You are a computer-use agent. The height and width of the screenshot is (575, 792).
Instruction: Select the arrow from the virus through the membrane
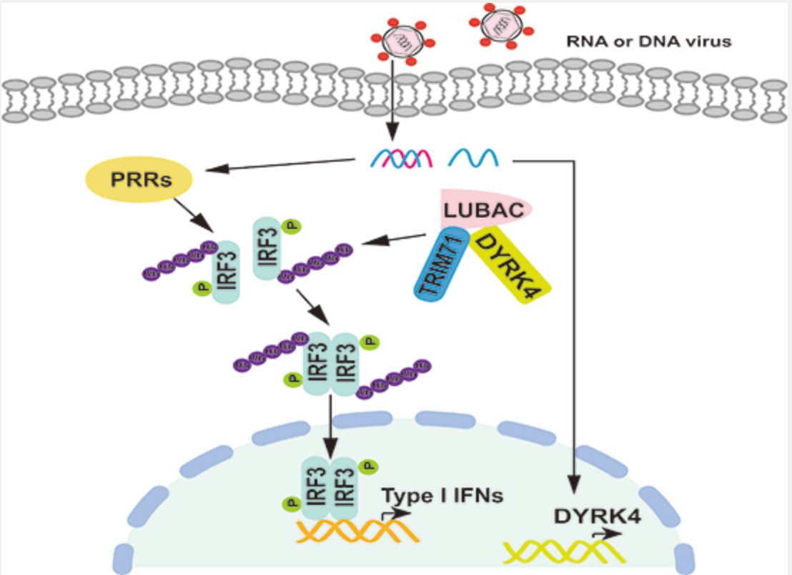[x=394, y=100]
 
